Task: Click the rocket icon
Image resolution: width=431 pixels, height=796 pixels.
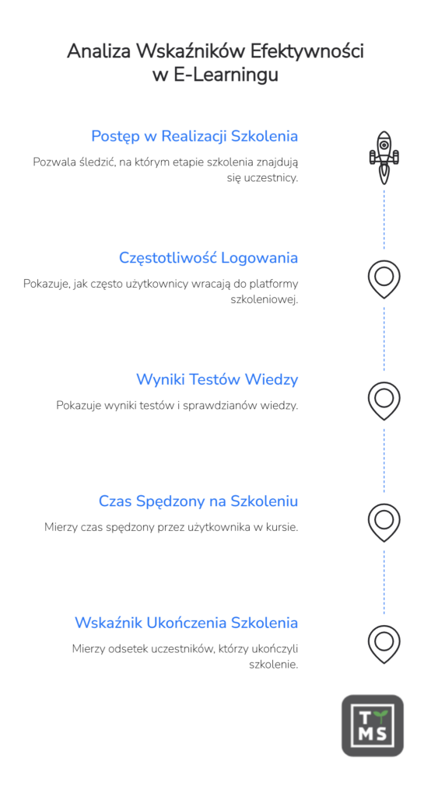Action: tap(384, 157)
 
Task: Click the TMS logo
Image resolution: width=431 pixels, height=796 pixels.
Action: tap(373, 725)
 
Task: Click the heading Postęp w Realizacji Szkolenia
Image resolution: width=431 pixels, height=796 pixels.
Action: tap(194, 137)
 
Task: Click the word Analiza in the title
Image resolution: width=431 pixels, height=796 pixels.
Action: tap(99, 51)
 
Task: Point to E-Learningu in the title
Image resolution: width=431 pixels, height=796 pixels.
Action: tap(226, 75)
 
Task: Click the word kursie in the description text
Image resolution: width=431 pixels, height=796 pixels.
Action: tap(286, 528)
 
